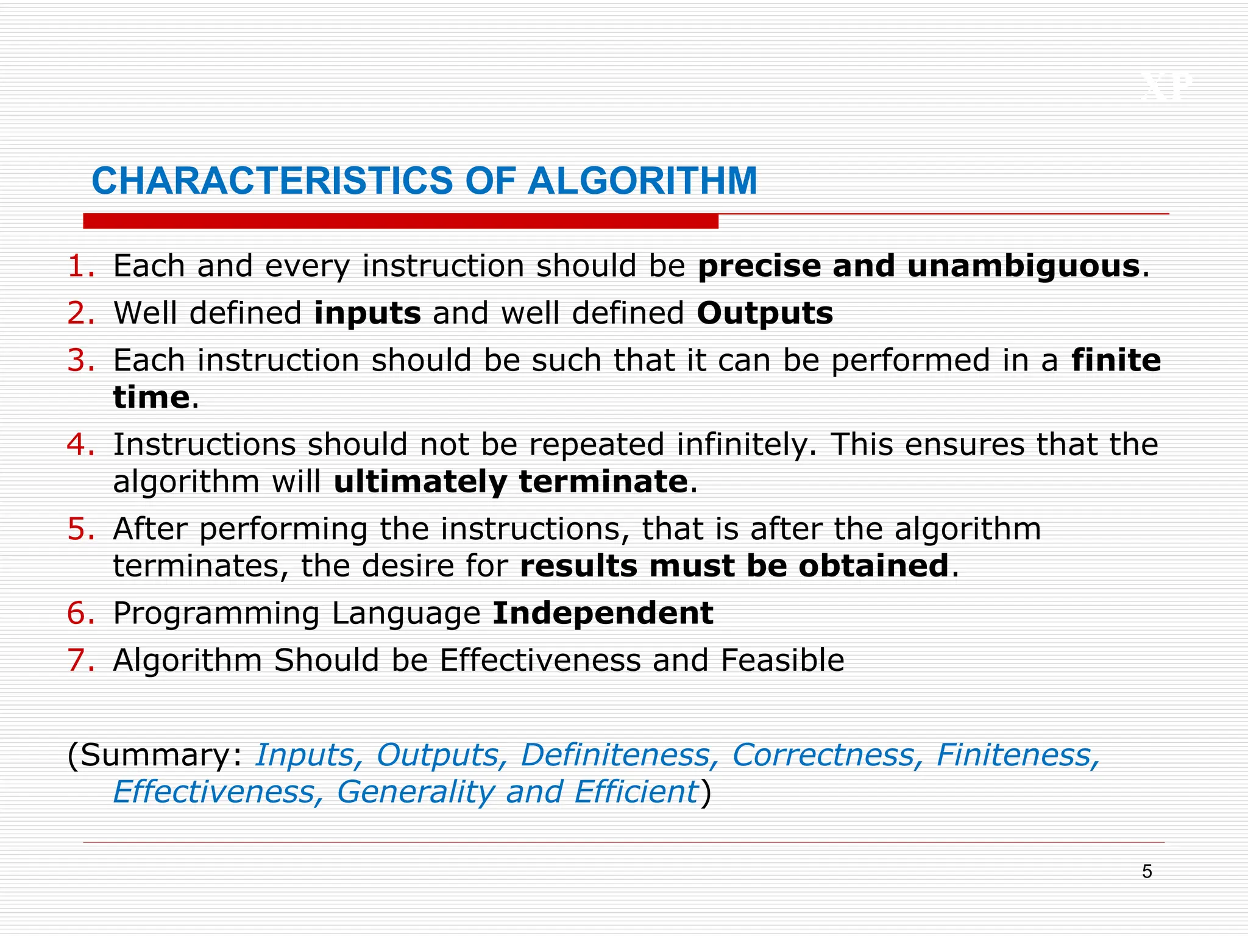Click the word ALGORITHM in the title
point(642,181)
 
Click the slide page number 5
point(1147,872)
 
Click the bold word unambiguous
point(1024,266)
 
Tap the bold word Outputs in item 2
point(765,313)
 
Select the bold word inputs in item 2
point(367,313)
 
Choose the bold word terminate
point(603,482)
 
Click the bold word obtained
point(874,566)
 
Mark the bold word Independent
point(603,613)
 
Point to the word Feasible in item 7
point(782,661)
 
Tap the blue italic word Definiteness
point(615,756)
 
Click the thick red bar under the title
point(400,221)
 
